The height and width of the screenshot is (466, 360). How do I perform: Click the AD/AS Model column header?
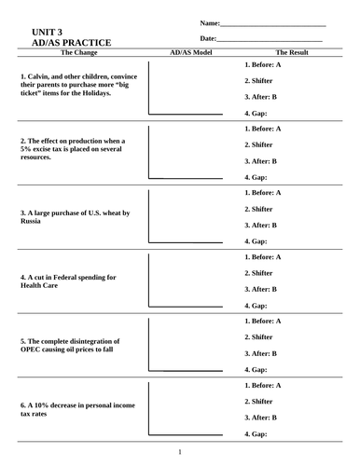click(191, 53)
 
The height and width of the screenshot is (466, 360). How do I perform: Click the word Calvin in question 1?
click(43, 75)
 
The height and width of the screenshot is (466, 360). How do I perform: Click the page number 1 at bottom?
click(180, 453)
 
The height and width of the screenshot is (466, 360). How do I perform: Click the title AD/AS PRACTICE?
click(71, 43)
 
